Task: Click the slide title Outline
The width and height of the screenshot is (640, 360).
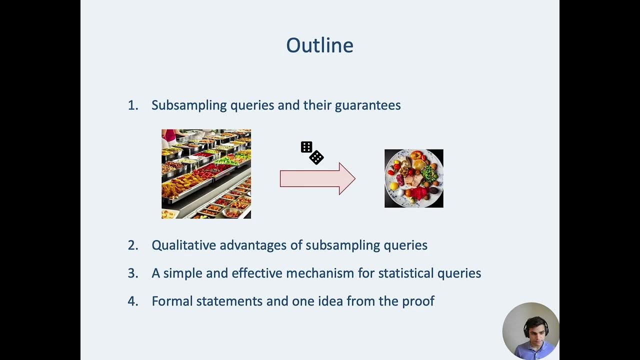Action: [319, 45]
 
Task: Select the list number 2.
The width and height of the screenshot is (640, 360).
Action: [132, 245]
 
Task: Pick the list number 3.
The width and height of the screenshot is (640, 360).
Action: [132, 273]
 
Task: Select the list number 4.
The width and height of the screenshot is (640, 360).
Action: [132, 301]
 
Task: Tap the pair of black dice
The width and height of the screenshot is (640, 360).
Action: [312, 152]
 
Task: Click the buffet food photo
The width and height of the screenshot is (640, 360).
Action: [206, 174]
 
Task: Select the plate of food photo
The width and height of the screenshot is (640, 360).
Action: [413, 178]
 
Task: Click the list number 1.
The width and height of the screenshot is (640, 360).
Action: [132, 105]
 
